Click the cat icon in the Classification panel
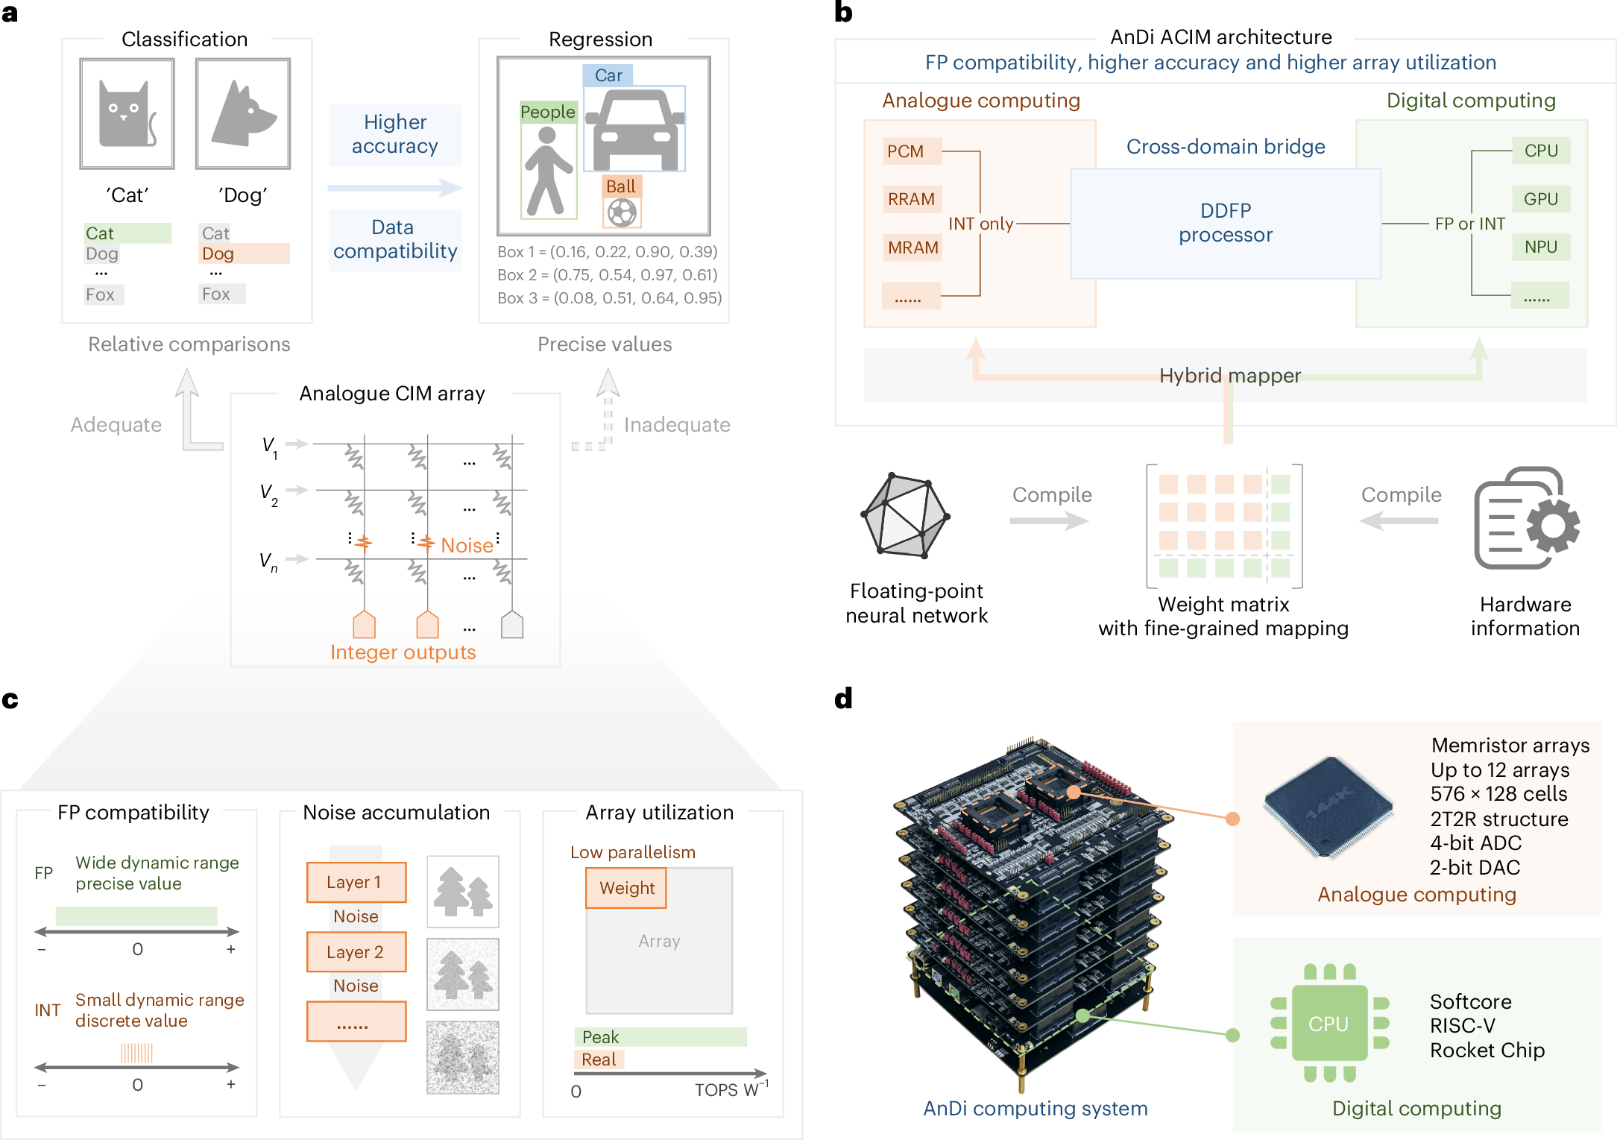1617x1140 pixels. [x=127, y=114]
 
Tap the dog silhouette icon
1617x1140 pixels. [x=243, y=114]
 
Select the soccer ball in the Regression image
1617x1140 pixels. [x=622, y=213]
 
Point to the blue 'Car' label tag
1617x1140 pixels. [x=608, y=75]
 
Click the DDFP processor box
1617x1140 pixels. [x=1225, y=223]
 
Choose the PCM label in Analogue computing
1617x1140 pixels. [x=906, y=151]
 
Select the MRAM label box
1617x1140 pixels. [x=912, y=248]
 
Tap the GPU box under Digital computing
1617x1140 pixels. [x=1540, y=199]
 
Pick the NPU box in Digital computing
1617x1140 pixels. [x=1540, y=247]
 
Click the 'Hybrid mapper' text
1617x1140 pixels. [x=1229, y=375]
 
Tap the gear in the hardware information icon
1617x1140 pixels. [x=1553, y=526]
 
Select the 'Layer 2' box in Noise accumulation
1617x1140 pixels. [x=356, y=952]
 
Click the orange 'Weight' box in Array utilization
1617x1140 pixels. [x=626, y=888]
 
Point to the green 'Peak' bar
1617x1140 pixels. [x=660, y=1037]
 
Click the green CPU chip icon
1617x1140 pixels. [x=1329, y=1024]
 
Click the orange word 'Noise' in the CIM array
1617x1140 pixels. [x=467, y=546]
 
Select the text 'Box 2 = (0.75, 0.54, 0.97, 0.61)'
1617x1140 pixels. [x=608, y=275]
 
